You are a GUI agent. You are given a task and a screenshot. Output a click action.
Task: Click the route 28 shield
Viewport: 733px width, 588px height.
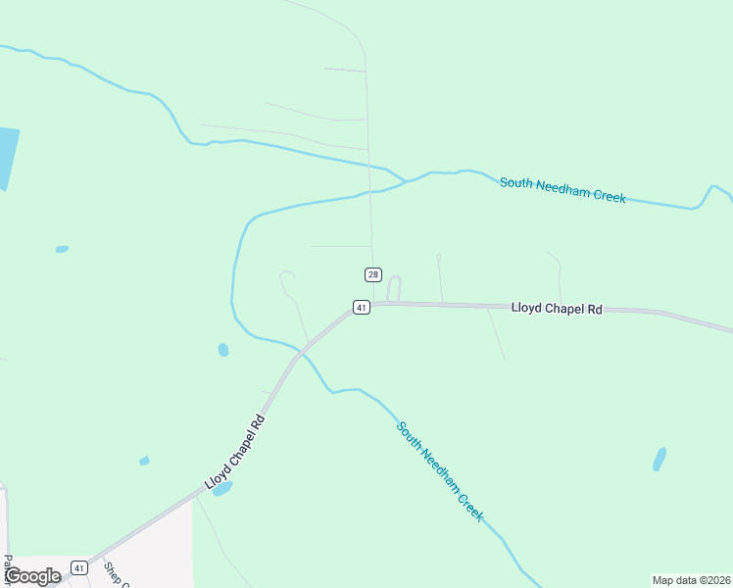pos(373,274)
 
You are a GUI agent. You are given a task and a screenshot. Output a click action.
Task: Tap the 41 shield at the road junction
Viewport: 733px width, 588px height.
pos(362,308)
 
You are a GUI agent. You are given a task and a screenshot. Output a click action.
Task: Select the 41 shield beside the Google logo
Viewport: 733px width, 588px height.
pos(79,567)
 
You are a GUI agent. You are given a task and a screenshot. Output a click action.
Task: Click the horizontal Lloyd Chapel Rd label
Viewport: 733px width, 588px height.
pos(557,308)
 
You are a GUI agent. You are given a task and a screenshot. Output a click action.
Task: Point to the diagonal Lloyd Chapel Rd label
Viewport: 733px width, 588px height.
pos(235,452)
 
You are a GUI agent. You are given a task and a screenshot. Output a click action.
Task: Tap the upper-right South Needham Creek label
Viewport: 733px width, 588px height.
pos(562,189)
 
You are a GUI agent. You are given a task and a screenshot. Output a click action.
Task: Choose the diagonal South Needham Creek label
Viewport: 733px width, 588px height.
pos(440,470)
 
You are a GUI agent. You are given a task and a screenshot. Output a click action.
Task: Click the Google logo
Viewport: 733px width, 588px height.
pos(31,576)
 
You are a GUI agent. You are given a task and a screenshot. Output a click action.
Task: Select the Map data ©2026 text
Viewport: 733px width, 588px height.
pos(692,579)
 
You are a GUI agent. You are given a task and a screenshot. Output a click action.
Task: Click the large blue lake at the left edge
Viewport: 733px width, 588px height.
pos(7,157)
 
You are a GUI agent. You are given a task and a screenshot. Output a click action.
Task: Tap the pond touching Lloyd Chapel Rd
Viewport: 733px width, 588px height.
pos(221,488)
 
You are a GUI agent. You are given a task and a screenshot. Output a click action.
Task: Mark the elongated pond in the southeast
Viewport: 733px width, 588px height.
pos(660,459)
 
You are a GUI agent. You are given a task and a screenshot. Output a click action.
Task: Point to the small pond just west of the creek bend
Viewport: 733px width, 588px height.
pos(223,350)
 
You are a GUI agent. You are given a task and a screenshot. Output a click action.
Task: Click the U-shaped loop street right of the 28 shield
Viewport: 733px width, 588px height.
pos(394,288)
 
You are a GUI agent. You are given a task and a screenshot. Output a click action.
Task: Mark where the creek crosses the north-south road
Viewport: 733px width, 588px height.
pos(370,189)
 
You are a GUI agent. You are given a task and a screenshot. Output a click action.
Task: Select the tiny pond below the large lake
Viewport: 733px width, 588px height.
pos(62,249)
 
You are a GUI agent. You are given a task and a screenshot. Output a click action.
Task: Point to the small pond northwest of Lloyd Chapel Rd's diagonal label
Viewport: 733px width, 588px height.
pos(144,461)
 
